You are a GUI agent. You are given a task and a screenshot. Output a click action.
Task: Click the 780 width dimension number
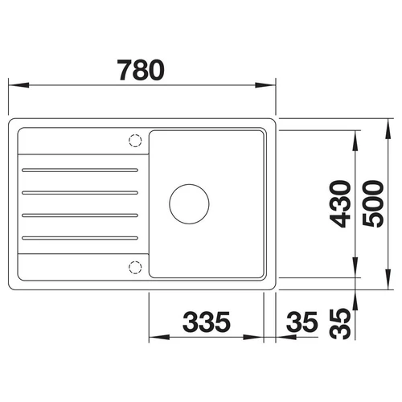[x=141, y=70]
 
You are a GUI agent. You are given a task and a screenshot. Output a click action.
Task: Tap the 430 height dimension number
[x=340, y=204]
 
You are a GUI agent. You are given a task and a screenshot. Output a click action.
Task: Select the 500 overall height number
[x=373, y=204]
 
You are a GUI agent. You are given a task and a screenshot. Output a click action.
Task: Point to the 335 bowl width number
[x=207, y=322]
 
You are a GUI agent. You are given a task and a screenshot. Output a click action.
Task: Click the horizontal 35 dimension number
[x=301, y=322]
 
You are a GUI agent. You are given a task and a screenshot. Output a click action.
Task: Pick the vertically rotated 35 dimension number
[x=340, y=324]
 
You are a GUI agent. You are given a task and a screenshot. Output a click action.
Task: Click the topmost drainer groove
[x=80, y=170]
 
